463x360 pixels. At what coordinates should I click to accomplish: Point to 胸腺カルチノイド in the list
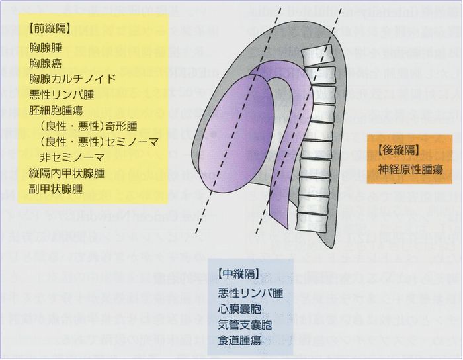[73, 79]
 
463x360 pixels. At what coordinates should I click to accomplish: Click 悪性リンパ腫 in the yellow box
[62, 95]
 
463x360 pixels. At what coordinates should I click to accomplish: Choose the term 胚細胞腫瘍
[56, 111]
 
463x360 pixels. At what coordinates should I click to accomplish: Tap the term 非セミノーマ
[72, 157]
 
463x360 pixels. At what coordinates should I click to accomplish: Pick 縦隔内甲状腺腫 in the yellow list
[67, 173]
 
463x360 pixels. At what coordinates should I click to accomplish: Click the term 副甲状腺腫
[56, 189]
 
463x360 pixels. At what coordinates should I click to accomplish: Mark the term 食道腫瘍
[239, 340]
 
